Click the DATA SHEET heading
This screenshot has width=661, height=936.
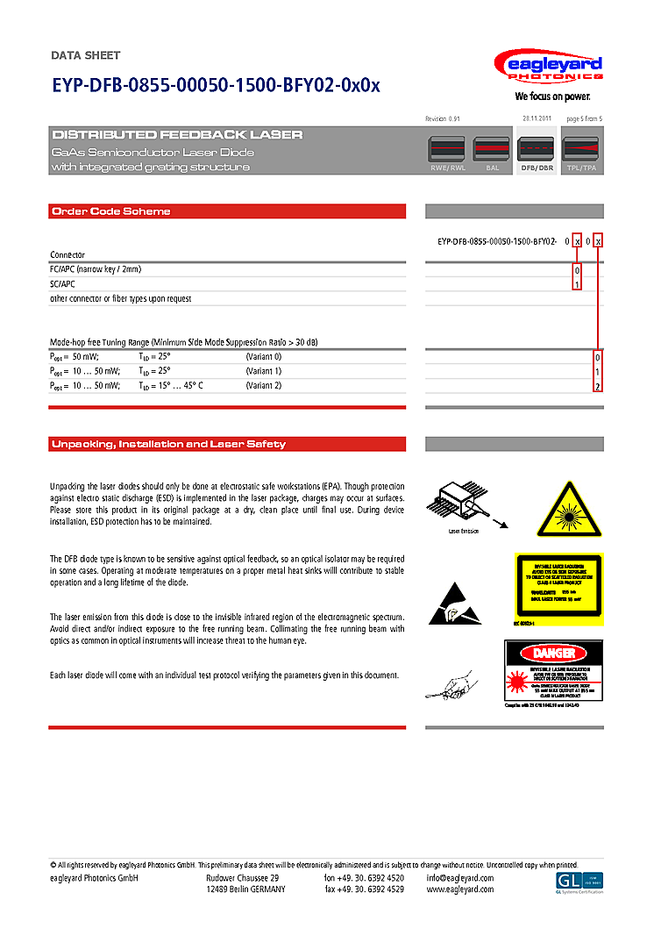click(x=86, y=55)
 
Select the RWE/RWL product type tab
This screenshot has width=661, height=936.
click(x=447, y=154)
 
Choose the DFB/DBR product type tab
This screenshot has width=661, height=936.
click(x=537, y=154)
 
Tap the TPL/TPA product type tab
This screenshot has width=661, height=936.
click(x=581, y=154)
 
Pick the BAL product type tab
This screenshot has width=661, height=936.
click(x=492, y=154)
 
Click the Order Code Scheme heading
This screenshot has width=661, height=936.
click(x=111, y=211)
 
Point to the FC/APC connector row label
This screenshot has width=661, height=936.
click(x=96, y=269)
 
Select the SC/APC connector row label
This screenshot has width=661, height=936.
click(x=64, y=284)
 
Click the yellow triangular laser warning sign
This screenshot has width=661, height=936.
click(x=571, y=510)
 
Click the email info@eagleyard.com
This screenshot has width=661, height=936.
click(x=460, y=878)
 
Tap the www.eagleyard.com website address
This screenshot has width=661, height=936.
click(x=460, y=890)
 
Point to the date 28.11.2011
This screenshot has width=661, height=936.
click(x=536, y=118)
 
